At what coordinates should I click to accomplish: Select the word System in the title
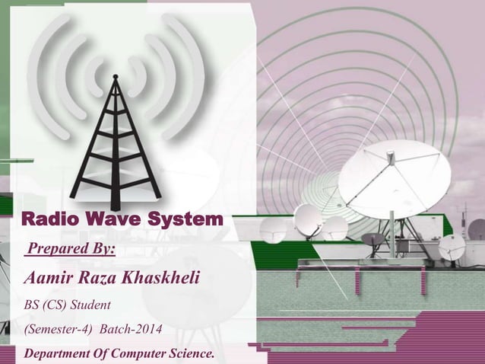[179, 221]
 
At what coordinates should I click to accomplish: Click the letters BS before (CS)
[33, 305]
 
